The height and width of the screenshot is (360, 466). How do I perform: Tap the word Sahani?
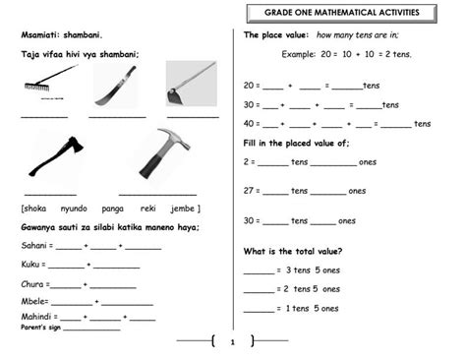coord(33,246)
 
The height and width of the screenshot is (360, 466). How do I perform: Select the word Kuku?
coord(30,265)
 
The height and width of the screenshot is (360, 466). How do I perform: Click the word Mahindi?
coord(35,317)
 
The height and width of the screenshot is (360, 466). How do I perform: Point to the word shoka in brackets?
coord(35,209)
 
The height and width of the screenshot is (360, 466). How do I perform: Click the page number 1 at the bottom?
coord(232,342)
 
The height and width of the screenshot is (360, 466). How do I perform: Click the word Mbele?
coord(32,300)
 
